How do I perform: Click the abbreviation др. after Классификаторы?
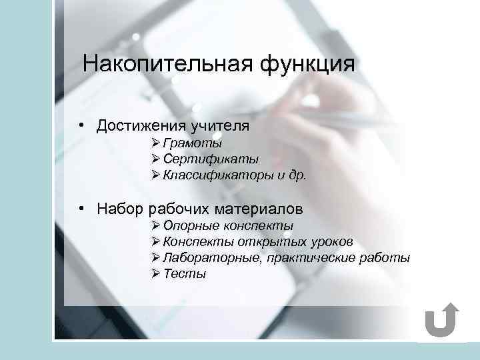296,176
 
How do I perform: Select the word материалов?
266,209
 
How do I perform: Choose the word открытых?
267,242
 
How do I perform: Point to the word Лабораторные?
212,258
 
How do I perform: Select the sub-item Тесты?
185,274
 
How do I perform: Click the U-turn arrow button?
441,322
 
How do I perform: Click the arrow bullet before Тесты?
156,273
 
